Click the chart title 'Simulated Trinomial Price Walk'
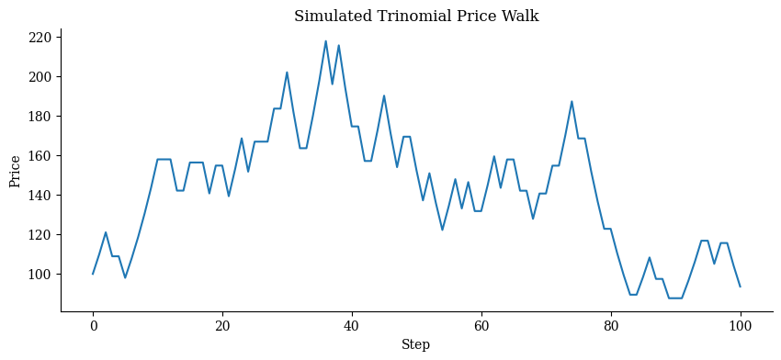pos(416,16)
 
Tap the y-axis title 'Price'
pos(15,171)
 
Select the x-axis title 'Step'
pos(416,344)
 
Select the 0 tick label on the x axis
pos(93,326)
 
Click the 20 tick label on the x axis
pos(222,326)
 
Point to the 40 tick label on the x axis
pos(352,326)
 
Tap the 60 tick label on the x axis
pos(481,326)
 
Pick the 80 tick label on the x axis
pos(611,326)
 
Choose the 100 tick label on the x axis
pos(740,326)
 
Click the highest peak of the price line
pos(325,41)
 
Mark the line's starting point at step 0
pos(93,274)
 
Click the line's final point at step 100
pos(740,287)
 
